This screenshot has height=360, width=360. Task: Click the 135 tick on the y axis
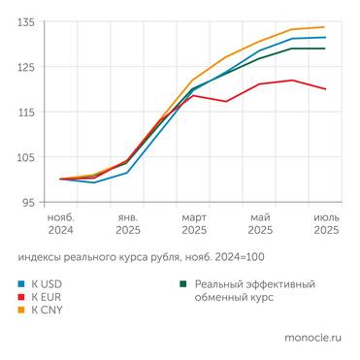pos(26,21)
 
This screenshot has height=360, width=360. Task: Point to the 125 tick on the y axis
pos(26,67)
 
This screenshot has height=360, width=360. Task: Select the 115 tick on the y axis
pos(26,113)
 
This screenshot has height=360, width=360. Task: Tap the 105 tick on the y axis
pos(26,157)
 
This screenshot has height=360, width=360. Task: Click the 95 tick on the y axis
pos(29,203)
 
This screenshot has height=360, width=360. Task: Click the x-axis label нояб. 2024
pos(60,224)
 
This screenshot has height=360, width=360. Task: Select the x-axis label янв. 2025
pos(127,224)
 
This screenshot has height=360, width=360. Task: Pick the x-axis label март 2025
pos(193,224)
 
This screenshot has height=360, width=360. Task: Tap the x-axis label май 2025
pos(259,224)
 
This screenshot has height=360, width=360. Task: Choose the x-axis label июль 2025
pos(325,224)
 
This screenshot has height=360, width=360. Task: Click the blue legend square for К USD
pos(21,284)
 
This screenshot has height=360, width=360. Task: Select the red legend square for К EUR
pos(21,298)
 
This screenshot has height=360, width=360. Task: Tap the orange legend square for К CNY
pos(21,311)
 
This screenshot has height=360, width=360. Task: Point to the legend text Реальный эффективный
pos(254,284)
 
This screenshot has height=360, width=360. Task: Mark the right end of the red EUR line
pos(325,89)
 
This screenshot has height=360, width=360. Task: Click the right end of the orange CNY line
pos(325,27)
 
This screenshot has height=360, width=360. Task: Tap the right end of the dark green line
pos(325,49)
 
